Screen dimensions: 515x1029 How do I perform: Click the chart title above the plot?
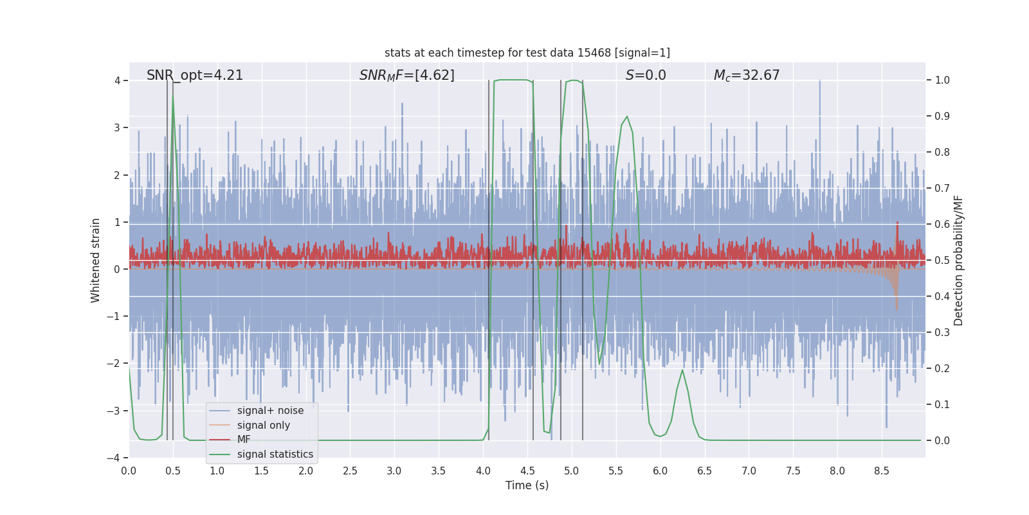[527, 53]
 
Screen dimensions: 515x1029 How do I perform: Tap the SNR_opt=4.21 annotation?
[195, 75]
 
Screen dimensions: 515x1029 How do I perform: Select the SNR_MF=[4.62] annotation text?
[406, 75]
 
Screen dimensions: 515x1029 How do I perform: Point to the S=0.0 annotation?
[646, 75]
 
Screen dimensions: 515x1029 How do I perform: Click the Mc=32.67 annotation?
[746, 75]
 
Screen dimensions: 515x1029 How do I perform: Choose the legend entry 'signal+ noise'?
[270, 411]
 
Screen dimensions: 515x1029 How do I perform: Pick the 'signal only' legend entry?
[263, 426]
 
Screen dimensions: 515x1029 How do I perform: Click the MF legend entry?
[244, 440]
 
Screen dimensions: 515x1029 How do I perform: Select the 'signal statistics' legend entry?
[275, 454]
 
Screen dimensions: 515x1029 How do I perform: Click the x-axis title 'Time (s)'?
[527, 485]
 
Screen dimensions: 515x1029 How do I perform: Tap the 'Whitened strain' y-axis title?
[96, 260]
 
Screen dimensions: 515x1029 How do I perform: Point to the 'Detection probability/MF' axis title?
[958, 260]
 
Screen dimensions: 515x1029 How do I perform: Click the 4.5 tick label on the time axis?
[527, 471]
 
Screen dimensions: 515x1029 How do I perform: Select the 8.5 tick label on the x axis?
[881, 471]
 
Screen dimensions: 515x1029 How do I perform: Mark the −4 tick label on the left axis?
[113, 458]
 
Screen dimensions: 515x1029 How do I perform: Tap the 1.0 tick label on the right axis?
[942, 80]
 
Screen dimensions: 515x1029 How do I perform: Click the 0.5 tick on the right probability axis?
[942, 261]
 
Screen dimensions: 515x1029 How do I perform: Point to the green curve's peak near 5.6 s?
[627, 117]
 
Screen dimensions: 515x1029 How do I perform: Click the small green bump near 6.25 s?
[682, 370]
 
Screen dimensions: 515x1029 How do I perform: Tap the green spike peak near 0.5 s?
[172, 97]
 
